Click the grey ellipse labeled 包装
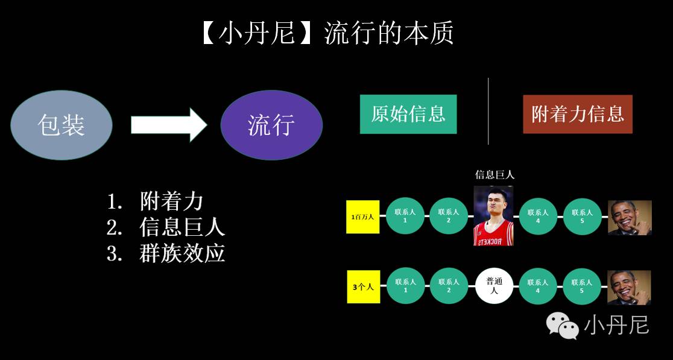[62, 125]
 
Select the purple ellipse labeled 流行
[271, 125]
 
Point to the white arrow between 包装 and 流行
[168, 125]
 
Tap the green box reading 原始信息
[408, 114]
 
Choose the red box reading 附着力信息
[577, 114]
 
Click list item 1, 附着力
[171, 201]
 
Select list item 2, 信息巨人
[182, 227]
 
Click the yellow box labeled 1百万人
[362, 216]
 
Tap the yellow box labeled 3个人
[363, 287]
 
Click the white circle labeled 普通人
[494, 286]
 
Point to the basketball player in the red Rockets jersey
[493, 215]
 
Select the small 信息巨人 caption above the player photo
[494, 175]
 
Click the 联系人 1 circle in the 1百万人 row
[405, 216]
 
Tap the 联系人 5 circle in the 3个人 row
[582, 286]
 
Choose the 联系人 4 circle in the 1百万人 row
[538, 216]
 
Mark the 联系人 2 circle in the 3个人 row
[449, 286]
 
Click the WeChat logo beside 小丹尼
[562, 326]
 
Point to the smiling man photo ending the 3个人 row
[629, 287]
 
